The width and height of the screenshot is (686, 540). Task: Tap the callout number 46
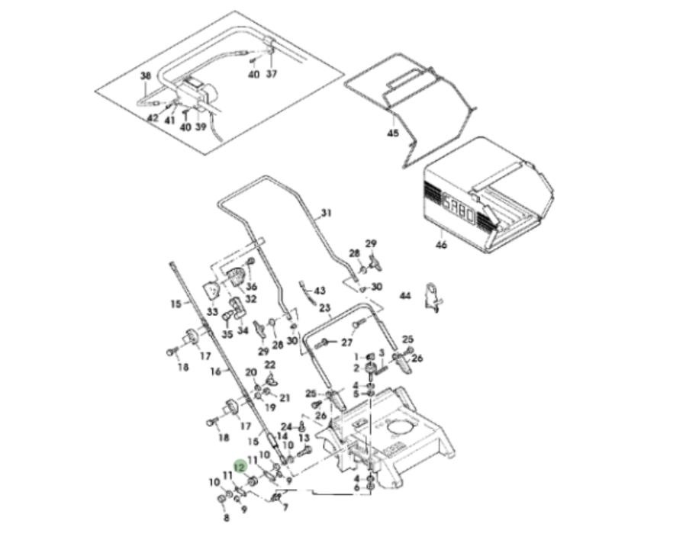click(x=441, y=245)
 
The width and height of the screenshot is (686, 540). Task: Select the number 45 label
click(x=392, y=133)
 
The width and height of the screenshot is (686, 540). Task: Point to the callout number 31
click(x=327, y=213)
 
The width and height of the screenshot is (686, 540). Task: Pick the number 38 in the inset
click(x=146, y=76)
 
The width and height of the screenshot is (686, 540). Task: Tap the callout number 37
click(x=272, y=74)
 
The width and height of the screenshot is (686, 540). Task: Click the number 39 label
click(x=201, y=127)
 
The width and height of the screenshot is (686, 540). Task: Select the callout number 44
click(x=405, y=295)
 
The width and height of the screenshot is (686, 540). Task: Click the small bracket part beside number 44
click(x=434, y=297)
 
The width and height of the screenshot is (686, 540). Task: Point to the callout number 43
click(x=319, y=291)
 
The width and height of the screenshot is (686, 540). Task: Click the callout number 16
click(x=215, y=371)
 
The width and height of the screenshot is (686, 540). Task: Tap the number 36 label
click(x=251, y=286)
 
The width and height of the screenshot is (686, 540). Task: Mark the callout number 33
click(x=211, y=312)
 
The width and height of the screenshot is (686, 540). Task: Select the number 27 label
click(x=347, y=342)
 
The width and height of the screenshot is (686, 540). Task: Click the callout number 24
click(x=286, y=426)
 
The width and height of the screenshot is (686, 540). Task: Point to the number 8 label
click(x=226, y=518)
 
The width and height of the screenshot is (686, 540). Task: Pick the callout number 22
click(x=269, y=365)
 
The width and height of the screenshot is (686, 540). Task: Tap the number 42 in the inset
click(x=152, y=118)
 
